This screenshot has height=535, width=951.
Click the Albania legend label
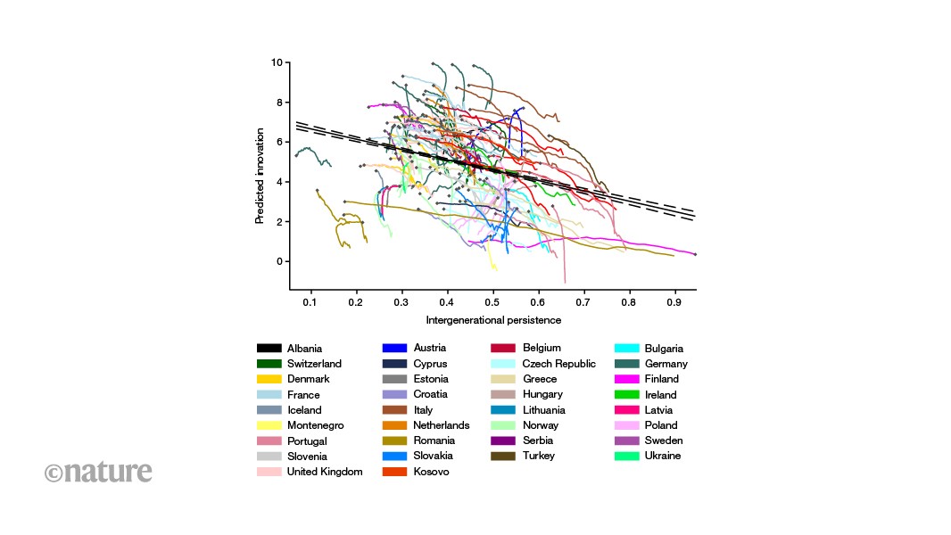(304, 349)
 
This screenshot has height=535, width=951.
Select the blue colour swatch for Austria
(394, 348)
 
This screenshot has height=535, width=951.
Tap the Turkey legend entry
(539, 456)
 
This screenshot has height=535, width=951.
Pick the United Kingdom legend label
(325, 472)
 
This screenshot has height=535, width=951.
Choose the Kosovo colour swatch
(394, 472)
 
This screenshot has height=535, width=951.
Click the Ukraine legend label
(662, 456)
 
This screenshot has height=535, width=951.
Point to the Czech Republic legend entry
(558, 364)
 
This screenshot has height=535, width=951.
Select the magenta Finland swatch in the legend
(626, 379)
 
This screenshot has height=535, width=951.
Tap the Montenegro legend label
(316, 425)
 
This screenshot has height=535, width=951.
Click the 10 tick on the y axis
(277, 62)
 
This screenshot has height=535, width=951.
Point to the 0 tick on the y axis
(279, 261)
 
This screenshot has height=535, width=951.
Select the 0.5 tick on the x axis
(492, 302)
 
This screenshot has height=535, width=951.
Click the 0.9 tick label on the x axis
(674, 302)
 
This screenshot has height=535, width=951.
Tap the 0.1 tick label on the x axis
(310, 302)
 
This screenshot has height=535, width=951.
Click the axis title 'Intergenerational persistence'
(493, 320)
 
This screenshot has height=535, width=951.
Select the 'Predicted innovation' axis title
(260, 176)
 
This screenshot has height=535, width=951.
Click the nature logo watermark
(98, 472)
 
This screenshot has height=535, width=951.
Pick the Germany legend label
(666, 364)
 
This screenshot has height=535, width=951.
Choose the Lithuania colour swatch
(503, 409)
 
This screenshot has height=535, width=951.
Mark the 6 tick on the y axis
(279, 142)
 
